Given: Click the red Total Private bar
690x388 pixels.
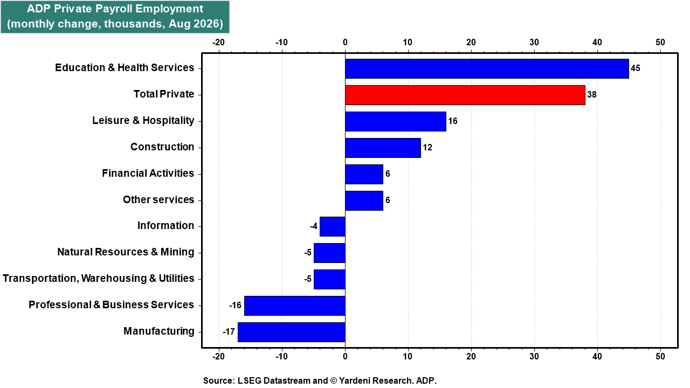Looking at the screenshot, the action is click(x=465, y=95).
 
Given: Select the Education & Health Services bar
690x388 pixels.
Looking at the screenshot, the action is click(x=487, y=68).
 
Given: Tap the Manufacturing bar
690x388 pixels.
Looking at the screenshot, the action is click(x=292, y=332).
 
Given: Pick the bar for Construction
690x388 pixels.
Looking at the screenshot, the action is click(x=383, y=148).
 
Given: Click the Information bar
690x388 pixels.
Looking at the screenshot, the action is click(x=333, y=227).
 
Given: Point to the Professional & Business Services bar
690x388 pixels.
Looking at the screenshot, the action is click(x=295, y=306).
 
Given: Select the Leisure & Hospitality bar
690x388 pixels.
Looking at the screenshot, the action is click(x=396, y=121).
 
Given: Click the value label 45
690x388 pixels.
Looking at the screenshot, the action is click(x=636, y=68).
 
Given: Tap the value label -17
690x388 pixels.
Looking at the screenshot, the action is click(x=229, y=331).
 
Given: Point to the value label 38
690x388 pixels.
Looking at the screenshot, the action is click(x=592, y=94).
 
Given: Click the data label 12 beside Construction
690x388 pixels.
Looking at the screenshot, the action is click(x=427, y=148).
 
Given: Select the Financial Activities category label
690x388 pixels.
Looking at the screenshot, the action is click(x=148, y=173).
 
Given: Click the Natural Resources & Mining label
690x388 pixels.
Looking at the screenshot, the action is click(x=126, y=252).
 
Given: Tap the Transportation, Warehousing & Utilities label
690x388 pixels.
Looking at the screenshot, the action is click(x=99, y=279).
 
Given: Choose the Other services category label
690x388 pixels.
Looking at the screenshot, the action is click(x=158, y=199).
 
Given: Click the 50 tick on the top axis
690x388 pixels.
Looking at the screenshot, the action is click(x=660, y=42).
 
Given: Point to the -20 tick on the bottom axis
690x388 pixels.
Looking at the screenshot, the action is click(x=218, y=356).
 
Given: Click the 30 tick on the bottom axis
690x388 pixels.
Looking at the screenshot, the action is click(x=534, y=356).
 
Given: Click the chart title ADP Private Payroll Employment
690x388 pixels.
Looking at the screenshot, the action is click(x=115, y=9).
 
